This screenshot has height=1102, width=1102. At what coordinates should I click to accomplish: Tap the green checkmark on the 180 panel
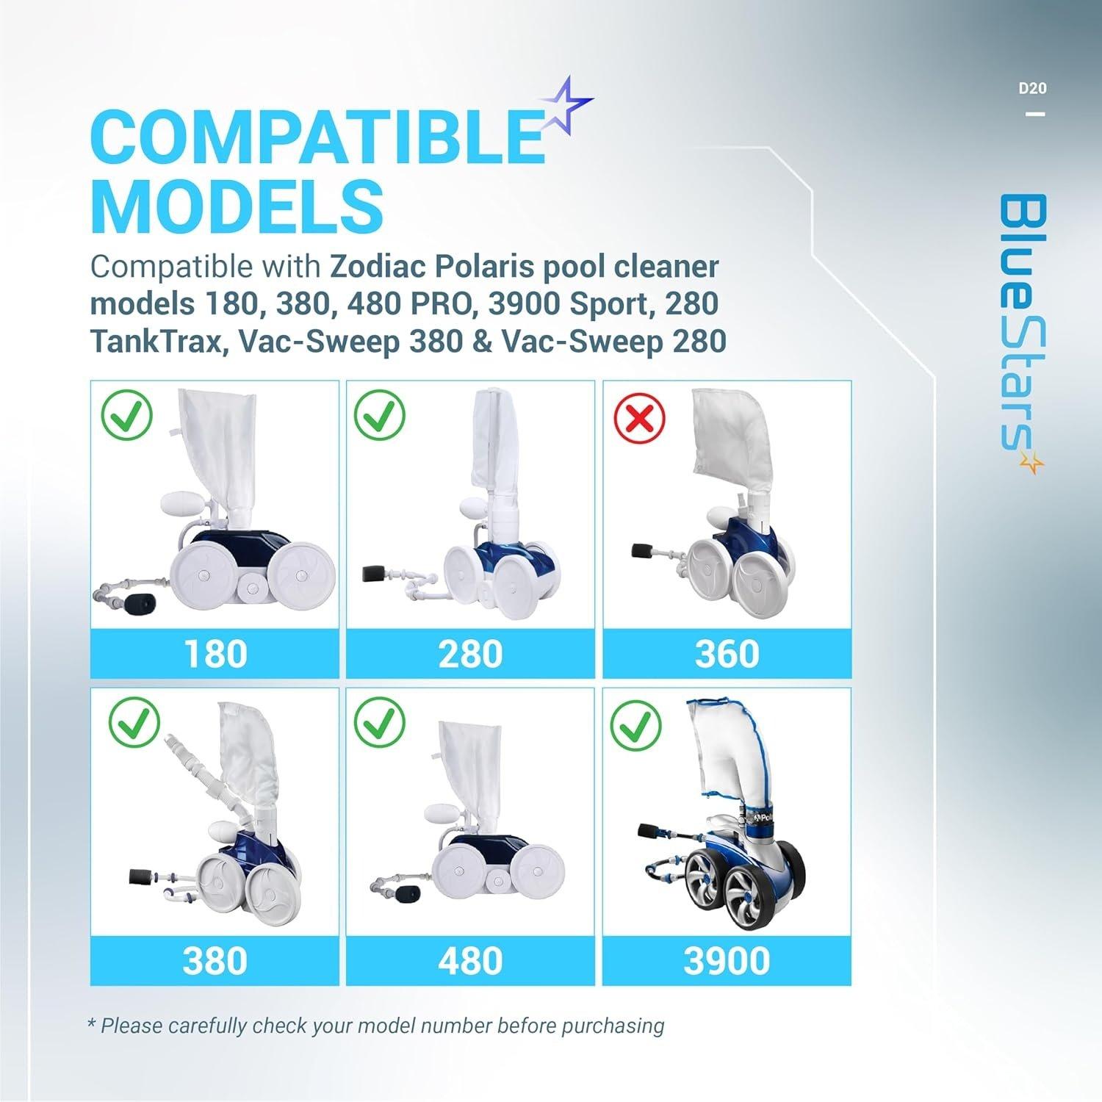click(126, 417)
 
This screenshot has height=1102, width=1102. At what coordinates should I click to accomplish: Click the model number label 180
click(215, 654)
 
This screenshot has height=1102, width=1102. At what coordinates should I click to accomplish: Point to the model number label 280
click(470, 654)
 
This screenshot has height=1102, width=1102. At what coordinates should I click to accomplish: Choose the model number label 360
click(727, 654)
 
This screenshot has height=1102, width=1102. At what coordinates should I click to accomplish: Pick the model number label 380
click(215, 961)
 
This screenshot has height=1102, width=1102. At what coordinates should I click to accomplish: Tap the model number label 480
click(470, 961)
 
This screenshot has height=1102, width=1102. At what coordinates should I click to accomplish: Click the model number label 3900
click(727, 961)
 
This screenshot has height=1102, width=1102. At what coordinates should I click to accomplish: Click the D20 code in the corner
click(1032, 89)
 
